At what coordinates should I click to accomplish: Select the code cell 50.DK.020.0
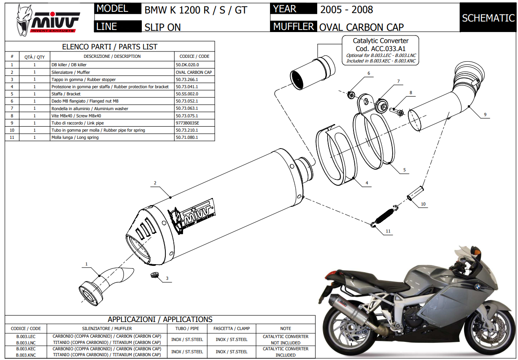[x=187, y=65]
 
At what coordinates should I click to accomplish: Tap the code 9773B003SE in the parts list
[x=187, y=123]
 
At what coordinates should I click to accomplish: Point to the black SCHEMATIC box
[x=488, y=18]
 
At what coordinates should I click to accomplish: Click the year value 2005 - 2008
[x=346, y=9]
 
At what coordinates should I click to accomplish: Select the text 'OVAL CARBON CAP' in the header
[x=361, y=27]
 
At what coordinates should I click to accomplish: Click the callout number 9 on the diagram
[x=485, y=114]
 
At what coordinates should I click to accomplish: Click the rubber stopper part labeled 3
[x=154, y=275]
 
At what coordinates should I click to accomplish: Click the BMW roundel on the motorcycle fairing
[x=478, y=287]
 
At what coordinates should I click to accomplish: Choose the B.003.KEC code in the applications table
[x=26, y=349]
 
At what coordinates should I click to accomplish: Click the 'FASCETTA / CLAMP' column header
[x=232, y=328]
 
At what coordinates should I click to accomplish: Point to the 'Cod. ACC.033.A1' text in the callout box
[x=380, y=49]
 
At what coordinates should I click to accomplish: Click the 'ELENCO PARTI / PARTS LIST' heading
[x=110, y=46]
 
